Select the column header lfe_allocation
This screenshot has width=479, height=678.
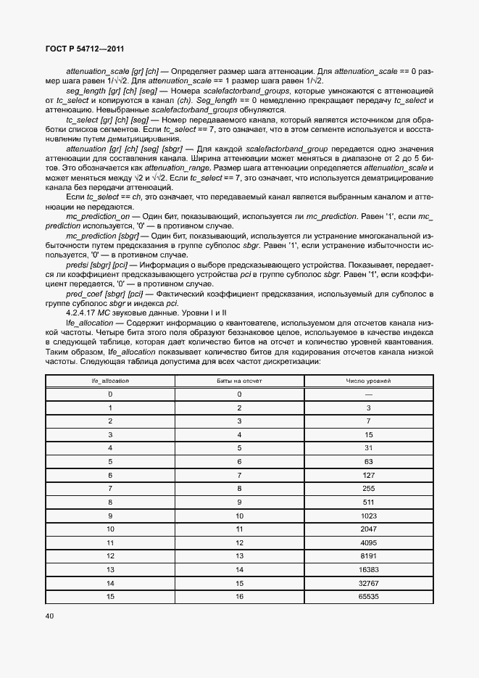pyautogui.click(x=110, y=380)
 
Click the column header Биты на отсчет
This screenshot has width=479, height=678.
pyautogui.click(x=239, y=380)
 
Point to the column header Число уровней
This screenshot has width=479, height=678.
pyautogui.click(x=368, y=380)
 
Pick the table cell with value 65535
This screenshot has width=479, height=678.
pyautogui.click(x=368, y=596)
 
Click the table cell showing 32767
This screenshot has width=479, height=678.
pyautogui.click(x=368, y=582)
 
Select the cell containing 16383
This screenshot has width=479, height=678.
pyautogui.click(x=368, y=569)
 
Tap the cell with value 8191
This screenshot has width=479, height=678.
pyautogui.click(x=368, y=555)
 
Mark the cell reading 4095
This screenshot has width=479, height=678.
pyautogui.click(x=368, y=542)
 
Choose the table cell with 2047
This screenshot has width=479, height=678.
pyautogui.click(x=368, y=529)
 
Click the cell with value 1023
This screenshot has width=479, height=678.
pyautogui.click(x=368, y=515)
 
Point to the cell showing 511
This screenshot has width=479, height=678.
pyautogui.click(x=368, y=502)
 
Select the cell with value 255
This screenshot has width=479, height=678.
pyautogui.click(x=368, y=488)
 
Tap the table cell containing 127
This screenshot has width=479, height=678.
pyautogui.click(x=368, y=475)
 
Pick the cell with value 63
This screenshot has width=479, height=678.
pyautogui.click(x=368, y=461)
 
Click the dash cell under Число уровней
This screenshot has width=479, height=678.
pyautogui.click(x=368, y=394)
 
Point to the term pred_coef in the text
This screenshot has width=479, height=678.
pyautogui.click(x=83, y=293)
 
